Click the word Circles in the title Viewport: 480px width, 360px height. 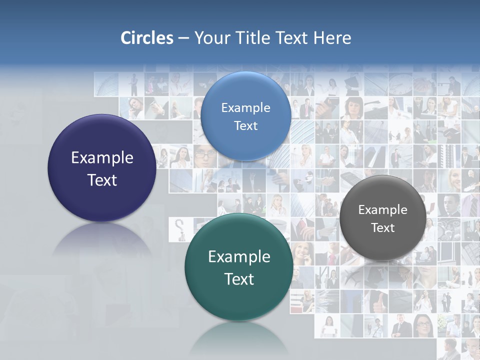(147, 38)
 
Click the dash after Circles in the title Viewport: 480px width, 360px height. (183, 38)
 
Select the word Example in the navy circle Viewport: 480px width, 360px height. (102, 158)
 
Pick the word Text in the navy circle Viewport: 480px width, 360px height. (102, 180)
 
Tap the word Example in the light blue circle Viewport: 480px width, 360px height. (245, 108)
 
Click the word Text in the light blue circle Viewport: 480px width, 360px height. (245, 125)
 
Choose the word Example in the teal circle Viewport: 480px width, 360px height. (239, 257)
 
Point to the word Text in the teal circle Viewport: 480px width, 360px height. (239, 279)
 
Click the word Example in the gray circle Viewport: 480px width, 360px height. (382, 210)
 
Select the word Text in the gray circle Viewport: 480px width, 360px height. (382, 228)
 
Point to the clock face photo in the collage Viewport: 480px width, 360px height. (400, 83)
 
